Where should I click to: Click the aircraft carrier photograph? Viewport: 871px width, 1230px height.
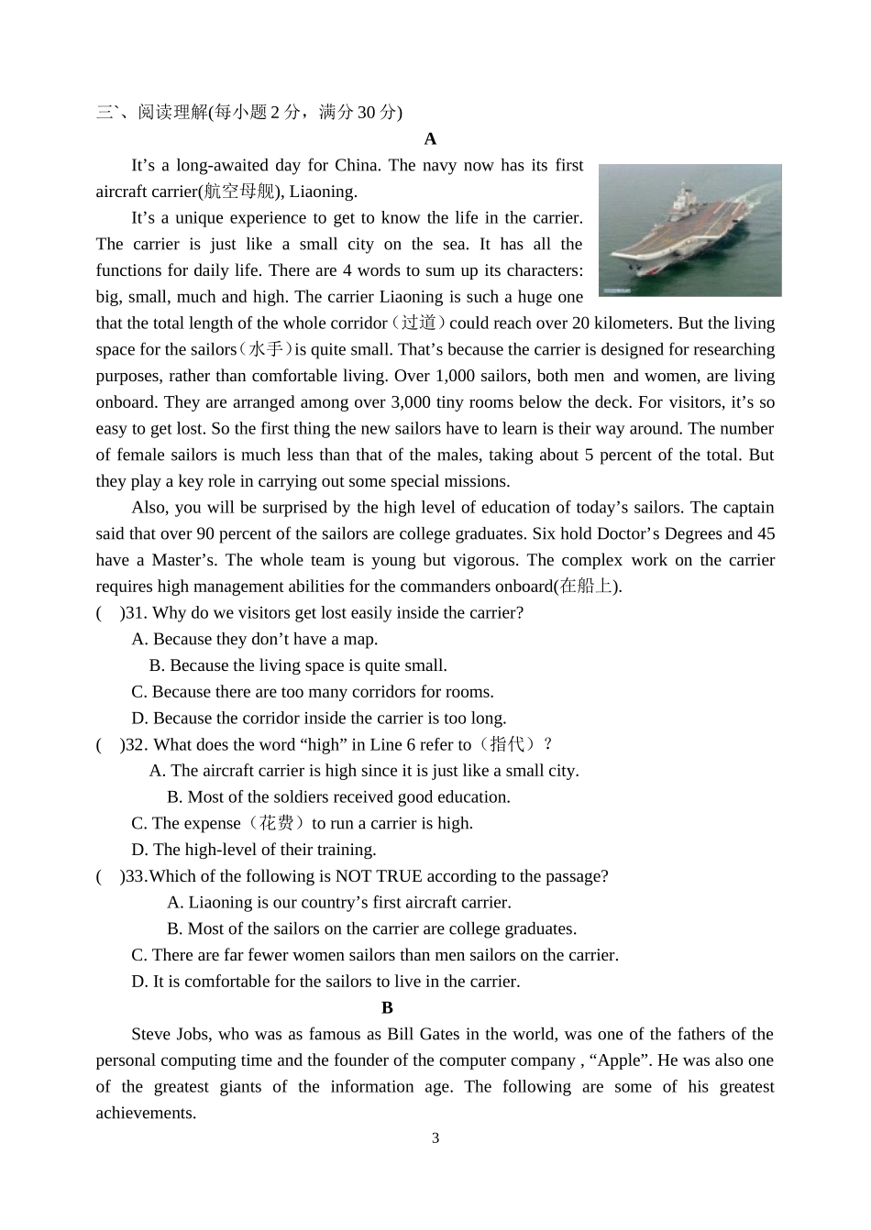pos(689,230)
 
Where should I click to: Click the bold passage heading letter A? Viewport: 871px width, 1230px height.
pos(430,139)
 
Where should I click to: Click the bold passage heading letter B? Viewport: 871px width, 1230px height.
pos(387,1007)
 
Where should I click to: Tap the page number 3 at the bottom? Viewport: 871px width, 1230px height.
pos(435,1138)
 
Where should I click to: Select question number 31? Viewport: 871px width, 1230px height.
pos(136,613)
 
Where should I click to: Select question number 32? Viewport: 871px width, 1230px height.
pos(136,745)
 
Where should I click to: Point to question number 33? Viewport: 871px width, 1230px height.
pos(136,876)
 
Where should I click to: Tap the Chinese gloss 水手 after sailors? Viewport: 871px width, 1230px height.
pos(266,349)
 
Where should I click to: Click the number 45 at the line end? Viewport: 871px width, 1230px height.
pos(766,533)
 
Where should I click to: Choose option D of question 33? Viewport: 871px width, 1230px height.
pos(325,982)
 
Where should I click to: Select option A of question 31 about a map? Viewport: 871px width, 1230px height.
pos(255,640)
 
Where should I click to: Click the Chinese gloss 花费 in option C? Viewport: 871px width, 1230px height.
pos(276,823)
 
